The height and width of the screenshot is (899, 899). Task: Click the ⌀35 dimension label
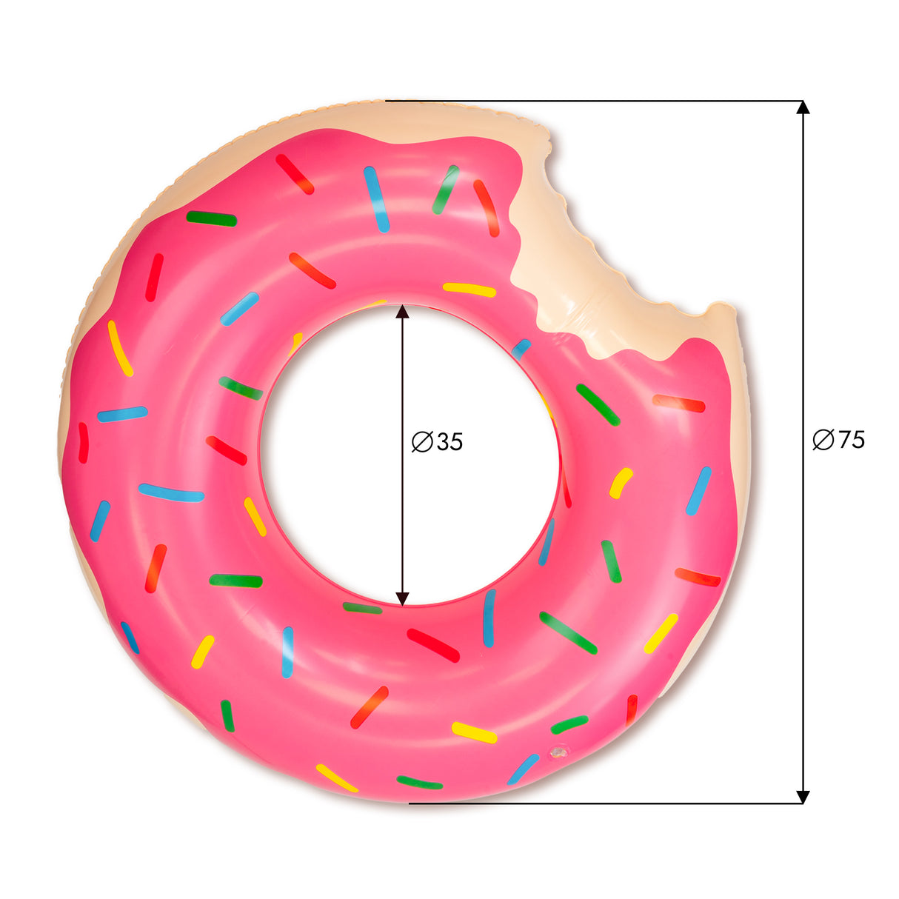pyautogui.click(x=438, y=442)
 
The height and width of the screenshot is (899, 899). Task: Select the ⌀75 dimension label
pyautogui.click(x=838, y=440)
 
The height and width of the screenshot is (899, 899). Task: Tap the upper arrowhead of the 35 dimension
pyautogui.click(x=402, y=310)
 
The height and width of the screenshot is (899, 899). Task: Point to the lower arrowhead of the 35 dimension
pyautogui.click(x=402, y=598)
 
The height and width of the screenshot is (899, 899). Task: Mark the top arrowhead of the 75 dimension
pyautogui.click(x=802, y=107)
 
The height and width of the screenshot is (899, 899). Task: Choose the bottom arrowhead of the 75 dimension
pyautogui.click(x=802, y=797)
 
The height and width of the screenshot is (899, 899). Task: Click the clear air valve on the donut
pyautogui.click(x=558, y=752)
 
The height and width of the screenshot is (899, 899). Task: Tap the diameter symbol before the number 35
pyautogui.click(x=421, y=442)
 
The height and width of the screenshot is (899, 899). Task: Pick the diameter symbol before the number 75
pyautogui.click(x=823, y=440)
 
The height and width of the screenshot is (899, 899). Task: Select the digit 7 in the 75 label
pyautogui.click(x=845, y=440)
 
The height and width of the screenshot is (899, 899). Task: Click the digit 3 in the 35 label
pyautogui.click(x=444, y=442)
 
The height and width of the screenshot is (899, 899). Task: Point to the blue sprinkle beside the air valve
pyautogui.click(x=523, y=769)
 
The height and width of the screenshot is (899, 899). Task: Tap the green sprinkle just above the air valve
pyautogui.click(x=569, y=724)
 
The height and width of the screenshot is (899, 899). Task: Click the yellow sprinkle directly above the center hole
pyautogui.click(x=469, y=290)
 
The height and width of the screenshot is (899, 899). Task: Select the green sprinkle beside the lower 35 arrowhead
pyautogui.click(x=363, y=608)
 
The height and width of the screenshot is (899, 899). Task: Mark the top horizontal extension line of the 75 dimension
pyautogui.click(x=592, y=100)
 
